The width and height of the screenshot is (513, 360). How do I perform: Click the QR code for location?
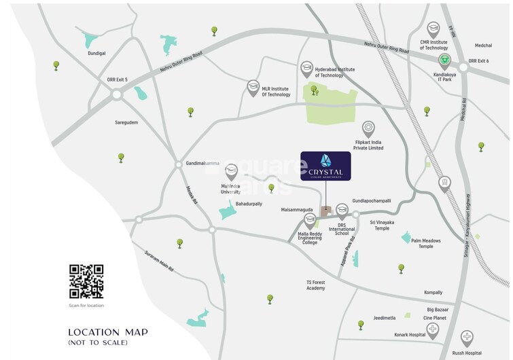coord(86,282)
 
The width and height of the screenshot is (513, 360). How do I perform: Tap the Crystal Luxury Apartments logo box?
coord(325,166)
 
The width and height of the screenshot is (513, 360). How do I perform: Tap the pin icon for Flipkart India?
coord(368,128)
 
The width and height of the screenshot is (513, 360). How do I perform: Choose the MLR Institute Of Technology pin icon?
coord(253,86)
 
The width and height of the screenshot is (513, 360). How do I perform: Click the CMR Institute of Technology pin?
coord(434,29)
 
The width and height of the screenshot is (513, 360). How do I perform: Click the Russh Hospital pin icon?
coord(467,336)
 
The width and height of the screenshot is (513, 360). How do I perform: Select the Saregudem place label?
coord(126,122)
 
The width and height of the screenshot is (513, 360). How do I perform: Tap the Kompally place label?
coord(433,292)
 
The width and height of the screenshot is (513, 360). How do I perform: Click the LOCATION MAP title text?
coord(107,332)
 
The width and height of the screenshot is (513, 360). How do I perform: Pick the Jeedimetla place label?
coord(385,317)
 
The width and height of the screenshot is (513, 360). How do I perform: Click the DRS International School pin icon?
coord(342,214)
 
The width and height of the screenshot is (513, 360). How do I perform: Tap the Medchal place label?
coord(484,46)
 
